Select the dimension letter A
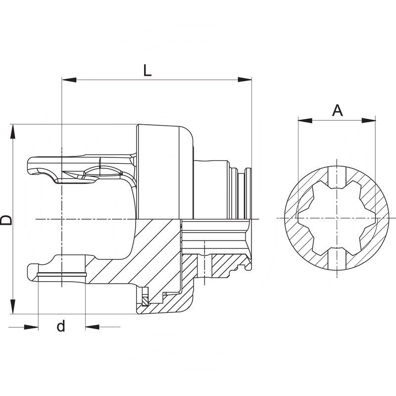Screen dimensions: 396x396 tap(337, 110)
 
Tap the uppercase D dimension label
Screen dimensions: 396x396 tap(6, 220)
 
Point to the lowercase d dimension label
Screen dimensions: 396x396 tap(61, 327)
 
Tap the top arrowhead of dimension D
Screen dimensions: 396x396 tap(13, 131)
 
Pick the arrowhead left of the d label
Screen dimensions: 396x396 tap(32, 327)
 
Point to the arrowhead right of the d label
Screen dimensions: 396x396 tap(92, 327)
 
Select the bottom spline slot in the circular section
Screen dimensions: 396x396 tap(337, 257)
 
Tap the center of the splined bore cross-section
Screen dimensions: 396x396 tap(337, 218)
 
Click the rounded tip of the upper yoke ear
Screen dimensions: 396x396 tap(31, 166)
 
